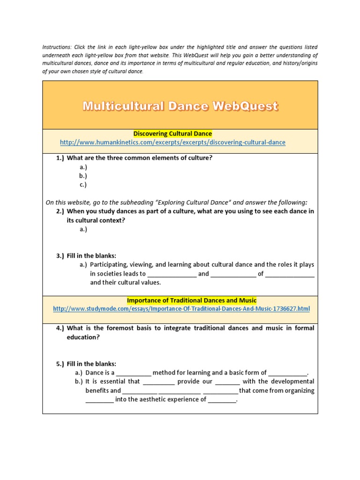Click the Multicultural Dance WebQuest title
coord(180,106)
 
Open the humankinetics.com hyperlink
coord(172,142)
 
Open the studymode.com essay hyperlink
coord(181,309)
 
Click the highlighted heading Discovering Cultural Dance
coord(173,134)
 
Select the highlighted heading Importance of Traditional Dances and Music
coord(192,300)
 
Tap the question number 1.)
coord(60,158)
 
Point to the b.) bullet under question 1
coord(83,176)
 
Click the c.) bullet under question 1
coord(83,185)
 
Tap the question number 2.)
coord(60,211)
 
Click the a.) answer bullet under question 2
coord(83,229)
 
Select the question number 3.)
coord(60,256)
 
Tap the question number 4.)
coord(60,328)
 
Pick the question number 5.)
coord(60,364)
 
